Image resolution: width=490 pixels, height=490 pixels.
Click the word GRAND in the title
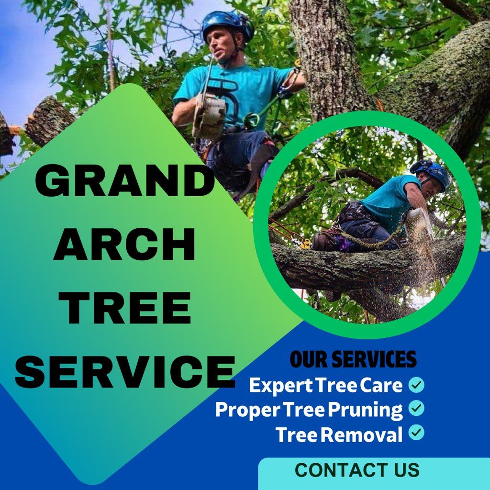125,181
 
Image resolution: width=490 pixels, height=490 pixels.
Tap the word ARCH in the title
125,244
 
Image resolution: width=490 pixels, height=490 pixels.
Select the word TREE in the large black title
125,307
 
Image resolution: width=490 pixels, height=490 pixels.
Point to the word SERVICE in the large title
125,371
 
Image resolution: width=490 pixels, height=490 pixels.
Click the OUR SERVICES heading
353,359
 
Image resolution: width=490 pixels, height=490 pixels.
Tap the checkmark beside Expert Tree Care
416,385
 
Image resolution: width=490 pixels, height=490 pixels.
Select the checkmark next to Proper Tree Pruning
416,408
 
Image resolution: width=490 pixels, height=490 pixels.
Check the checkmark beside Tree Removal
416,432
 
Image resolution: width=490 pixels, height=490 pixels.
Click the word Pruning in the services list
365,410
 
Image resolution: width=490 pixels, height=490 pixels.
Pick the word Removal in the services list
362,434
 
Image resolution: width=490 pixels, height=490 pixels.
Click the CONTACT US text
357,470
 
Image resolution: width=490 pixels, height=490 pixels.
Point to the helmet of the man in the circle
432,173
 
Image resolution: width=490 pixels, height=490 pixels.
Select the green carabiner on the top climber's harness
252,120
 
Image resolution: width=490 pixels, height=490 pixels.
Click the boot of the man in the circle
323,242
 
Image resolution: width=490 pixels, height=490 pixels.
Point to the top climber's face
223,47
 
